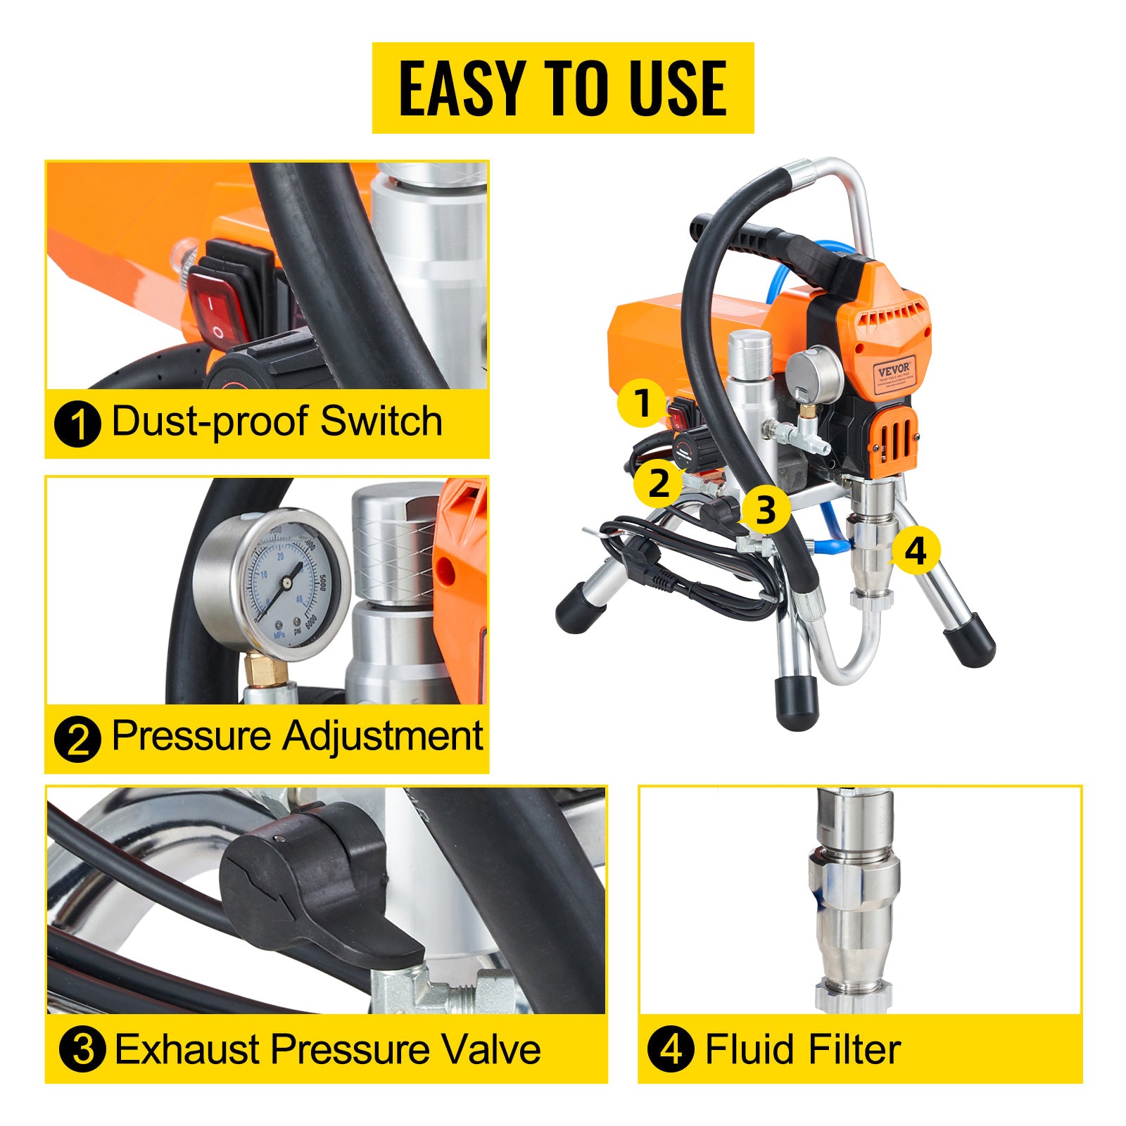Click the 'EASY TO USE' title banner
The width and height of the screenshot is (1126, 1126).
point(563,88)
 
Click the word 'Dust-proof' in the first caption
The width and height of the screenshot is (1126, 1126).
point(211,422)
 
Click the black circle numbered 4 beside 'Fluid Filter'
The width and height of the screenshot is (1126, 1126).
point(671,1049)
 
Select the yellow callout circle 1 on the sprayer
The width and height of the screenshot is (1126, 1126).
point(641,403)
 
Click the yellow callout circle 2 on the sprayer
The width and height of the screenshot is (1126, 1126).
point(658,483)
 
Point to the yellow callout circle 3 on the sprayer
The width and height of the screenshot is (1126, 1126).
point(765,509)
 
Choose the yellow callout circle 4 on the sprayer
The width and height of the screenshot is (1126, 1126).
point(914,550)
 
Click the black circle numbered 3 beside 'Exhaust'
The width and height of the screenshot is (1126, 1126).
point(82,1049)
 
